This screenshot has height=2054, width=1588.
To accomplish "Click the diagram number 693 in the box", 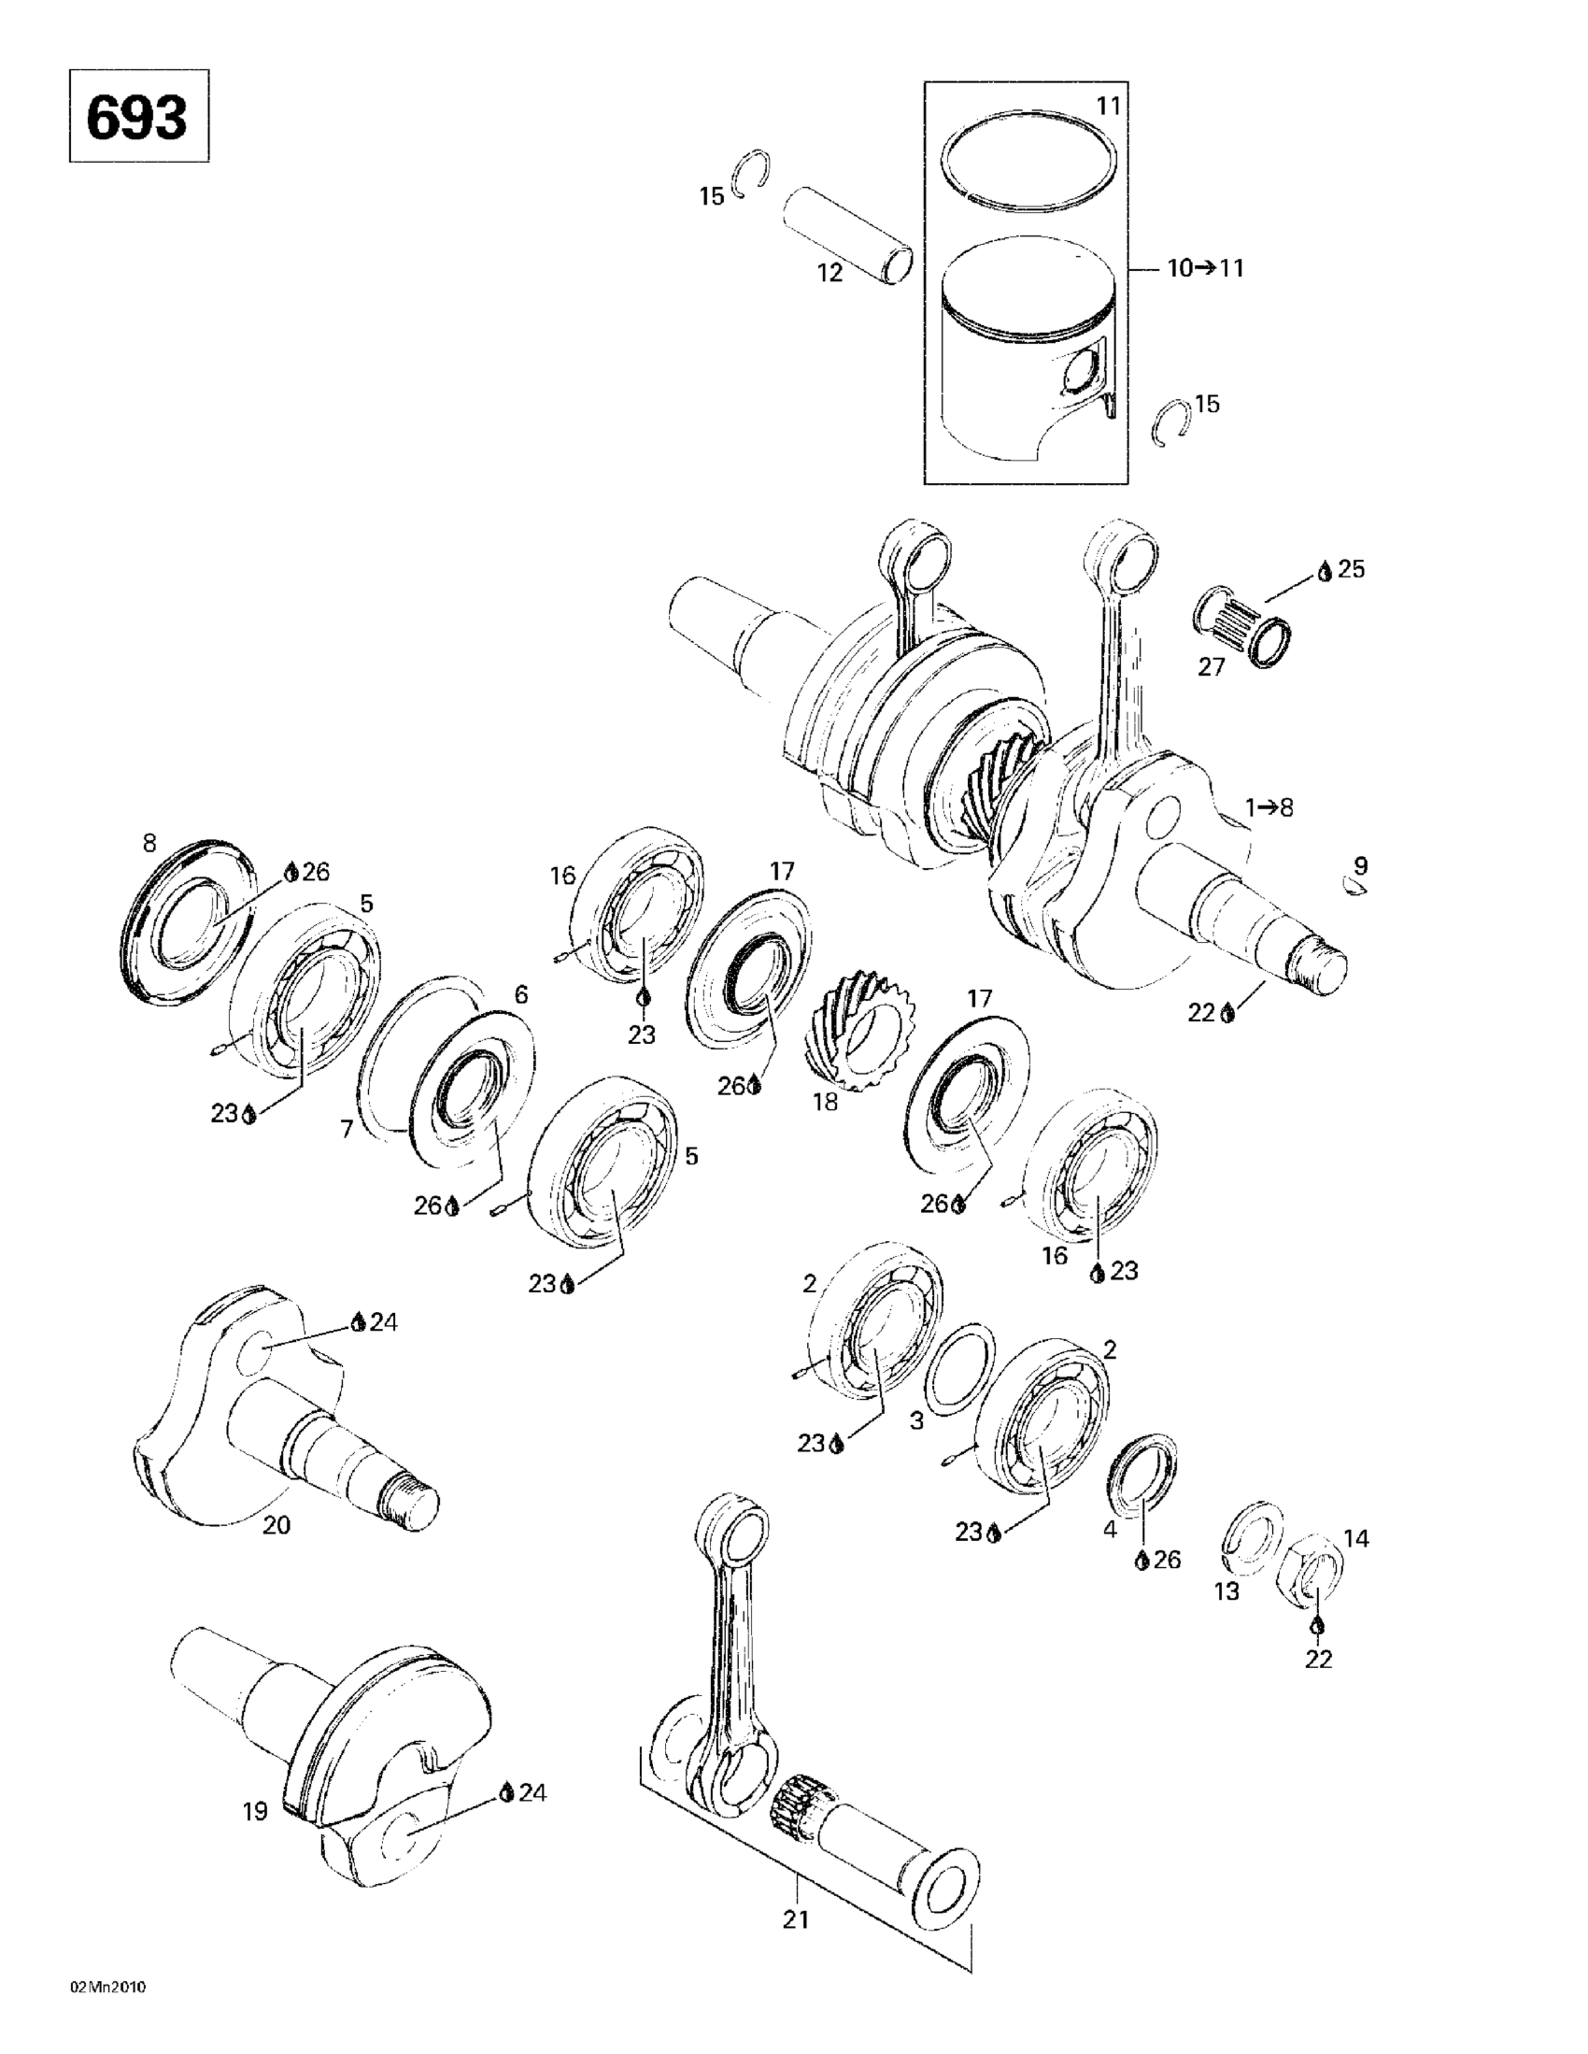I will coord(137,118).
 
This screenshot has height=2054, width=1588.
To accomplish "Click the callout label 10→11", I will coord(1205,269).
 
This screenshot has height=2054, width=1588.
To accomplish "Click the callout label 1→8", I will coord(1269,807).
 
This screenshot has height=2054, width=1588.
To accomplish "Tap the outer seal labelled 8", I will coord(188,916).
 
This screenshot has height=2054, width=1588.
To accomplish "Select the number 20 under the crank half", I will coord(276,1525).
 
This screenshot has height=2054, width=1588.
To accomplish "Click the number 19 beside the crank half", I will coord(256,1810).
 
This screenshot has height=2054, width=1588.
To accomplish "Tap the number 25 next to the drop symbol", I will coord(1351,569).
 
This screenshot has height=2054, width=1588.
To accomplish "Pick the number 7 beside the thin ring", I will coord(347,1129).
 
